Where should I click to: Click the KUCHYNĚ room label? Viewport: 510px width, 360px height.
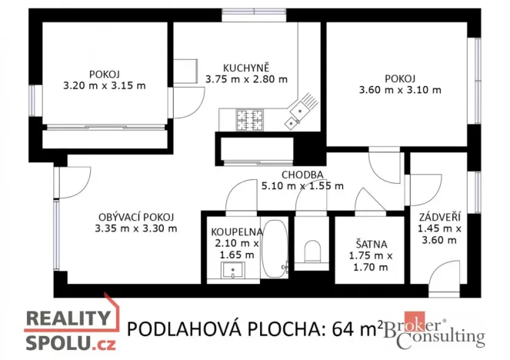click(245, 67)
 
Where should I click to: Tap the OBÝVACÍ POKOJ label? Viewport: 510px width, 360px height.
click(135, 216)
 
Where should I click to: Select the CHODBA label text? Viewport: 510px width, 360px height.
click(302, 175)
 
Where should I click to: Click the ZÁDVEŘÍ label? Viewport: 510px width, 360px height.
click(439, 216)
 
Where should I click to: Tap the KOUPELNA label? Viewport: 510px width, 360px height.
click(237, 231)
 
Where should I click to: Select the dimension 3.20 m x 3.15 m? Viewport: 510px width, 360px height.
click(104, 85)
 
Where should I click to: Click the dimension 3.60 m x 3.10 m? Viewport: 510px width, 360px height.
click(400, 90)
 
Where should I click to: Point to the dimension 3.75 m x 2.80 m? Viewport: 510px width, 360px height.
click(246, 78)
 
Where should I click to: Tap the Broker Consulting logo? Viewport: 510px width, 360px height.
click(437, 331)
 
